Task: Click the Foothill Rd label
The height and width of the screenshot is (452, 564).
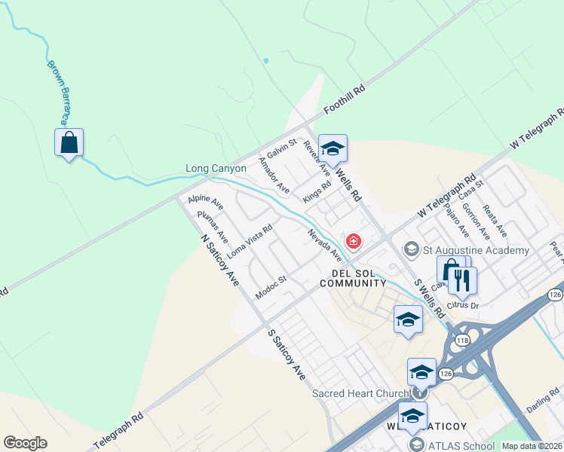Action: click(345, 99)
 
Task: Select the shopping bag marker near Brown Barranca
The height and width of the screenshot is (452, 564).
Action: click(69, 142)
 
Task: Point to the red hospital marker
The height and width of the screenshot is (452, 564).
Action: click(352, 241)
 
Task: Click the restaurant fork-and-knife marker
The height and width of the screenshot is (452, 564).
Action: click(462, 280)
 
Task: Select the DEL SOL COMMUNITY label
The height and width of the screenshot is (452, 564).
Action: click(353, 278)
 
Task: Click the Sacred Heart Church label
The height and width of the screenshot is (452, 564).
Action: click(360, 393)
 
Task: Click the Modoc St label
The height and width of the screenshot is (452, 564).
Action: click(271, 288)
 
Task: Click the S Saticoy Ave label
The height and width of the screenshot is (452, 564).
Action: click(287, 353)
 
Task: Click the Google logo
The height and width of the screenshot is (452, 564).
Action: click(25, 443)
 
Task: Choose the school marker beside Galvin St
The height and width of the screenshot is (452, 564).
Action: click(333, 148)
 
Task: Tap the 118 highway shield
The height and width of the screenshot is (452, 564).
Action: click(462, 341)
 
